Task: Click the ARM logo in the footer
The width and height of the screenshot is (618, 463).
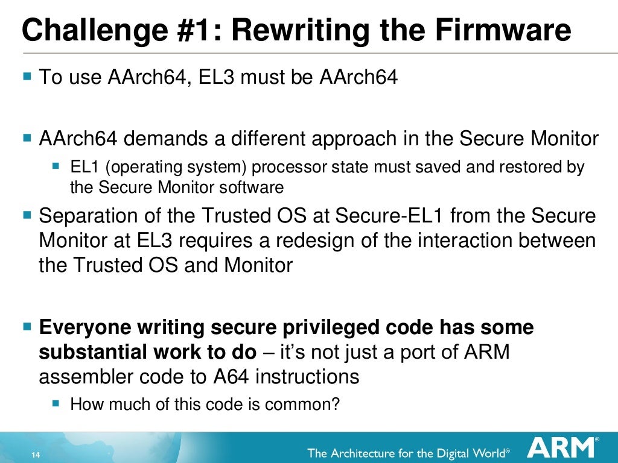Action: (561, 449)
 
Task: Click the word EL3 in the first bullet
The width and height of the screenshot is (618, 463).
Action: (215, 78)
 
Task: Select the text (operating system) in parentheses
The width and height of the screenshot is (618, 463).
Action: (162, 167)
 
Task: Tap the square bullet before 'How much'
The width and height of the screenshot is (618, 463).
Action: (56, 402)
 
